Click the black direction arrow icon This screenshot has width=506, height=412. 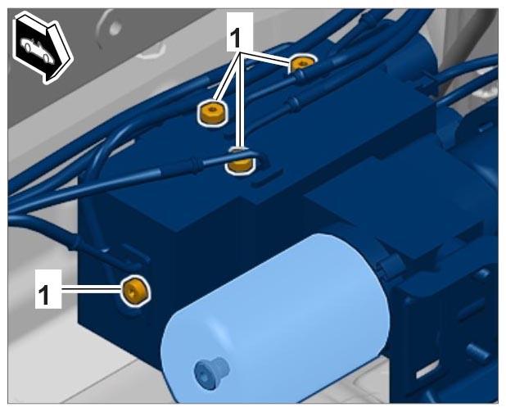pyautogui.click(x=41, y=47)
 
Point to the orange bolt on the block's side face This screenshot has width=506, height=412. pyautogui.click(x=135, y=291)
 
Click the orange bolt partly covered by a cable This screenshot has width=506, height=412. pyautogui.click(x=240, y=163)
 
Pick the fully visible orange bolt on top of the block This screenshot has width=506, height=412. pyautogui.click(x=212, y=113)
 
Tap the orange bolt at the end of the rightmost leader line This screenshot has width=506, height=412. pyautogui.click(x=302, y=63)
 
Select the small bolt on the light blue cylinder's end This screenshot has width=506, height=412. pyautogui.click(x=211, y=374)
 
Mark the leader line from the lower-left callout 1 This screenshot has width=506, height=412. pyautogui.click(x=92, y=289)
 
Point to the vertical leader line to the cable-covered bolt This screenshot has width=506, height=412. pyautogui.click(x=239, y=100)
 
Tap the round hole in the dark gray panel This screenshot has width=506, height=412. pyautogui.click(x=112, y=29)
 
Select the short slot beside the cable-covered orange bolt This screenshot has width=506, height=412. pyautogui.click(x=267, y=179)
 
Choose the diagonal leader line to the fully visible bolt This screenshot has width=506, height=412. pyautogui.click(x=227, y=76)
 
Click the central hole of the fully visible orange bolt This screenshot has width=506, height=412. pyautogui.click(x=211, y=110)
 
